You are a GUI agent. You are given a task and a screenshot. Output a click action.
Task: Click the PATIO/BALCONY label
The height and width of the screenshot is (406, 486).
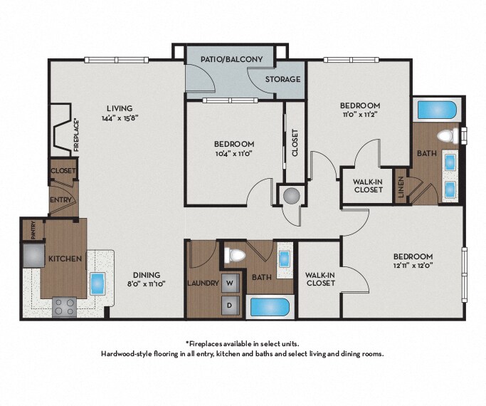tap(231, 59)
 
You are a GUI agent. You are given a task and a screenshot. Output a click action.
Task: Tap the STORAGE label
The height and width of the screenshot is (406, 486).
tap(282, 79)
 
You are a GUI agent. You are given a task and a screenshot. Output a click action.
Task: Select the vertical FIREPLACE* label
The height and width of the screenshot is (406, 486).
tap(77, 135)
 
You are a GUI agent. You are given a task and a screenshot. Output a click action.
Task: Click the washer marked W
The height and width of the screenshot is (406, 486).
tap(230, 283)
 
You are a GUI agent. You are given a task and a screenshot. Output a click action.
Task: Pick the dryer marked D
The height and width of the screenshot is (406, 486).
tap(230, 305)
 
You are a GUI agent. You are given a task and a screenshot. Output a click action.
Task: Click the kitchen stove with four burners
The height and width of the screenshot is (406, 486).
tap(65, 307)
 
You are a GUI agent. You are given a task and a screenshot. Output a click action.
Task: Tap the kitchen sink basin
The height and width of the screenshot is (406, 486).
tap(98, 283)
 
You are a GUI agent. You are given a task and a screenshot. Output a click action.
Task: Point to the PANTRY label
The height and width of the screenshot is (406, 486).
tap(33, 230)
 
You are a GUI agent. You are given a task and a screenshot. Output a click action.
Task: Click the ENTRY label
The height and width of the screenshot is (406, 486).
tap(60, 200)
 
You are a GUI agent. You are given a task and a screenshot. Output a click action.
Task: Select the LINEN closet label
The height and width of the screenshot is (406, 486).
tap(401, 187)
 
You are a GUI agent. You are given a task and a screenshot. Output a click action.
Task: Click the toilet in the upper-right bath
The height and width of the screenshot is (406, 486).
tap(448, 136)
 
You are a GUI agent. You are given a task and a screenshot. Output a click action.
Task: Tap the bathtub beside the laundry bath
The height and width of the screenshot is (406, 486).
tap(270, 307)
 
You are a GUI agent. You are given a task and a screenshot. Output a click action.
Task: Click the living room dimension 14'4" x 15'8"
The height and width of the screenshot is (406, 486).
tap(120, 118)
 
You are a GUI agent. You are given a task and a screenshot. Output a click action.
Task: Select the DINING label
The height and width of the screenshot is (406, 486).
tap(147, 275)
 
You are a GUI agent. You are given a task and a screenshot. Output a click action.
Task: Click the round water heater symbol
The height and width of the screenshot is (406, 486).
tap(291, 196)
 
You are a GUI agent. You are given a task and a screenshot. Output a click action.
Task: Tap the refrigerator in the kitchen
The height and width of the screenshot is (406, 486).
tap(33, 255)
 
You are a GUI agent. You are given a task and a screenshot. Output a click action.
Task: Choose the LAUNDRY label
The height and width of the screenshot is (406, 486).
tap(204, 283)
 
